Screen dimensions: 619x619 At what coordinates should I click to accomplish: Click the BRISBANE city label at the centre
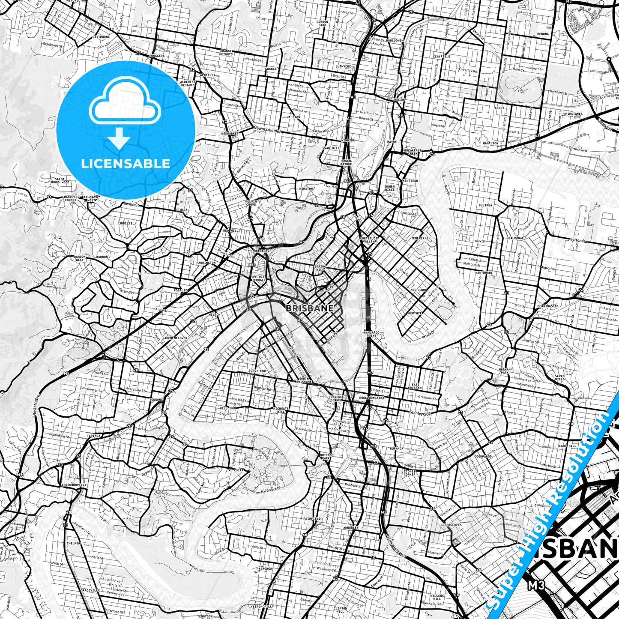click(x=309, y=308)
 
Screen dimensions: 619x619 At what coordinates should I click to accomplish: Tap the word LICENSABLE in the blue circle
click(x=126, y=163)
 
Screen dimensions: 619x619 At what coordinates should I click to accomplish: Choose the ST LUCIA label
click(x=236, y=470)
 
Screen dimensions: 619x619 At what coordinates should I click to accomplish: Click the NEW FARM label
click(x=418, y=290)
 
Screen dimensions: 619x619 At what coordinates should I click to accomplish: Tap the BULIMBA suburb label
click(x=486, y=205)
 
